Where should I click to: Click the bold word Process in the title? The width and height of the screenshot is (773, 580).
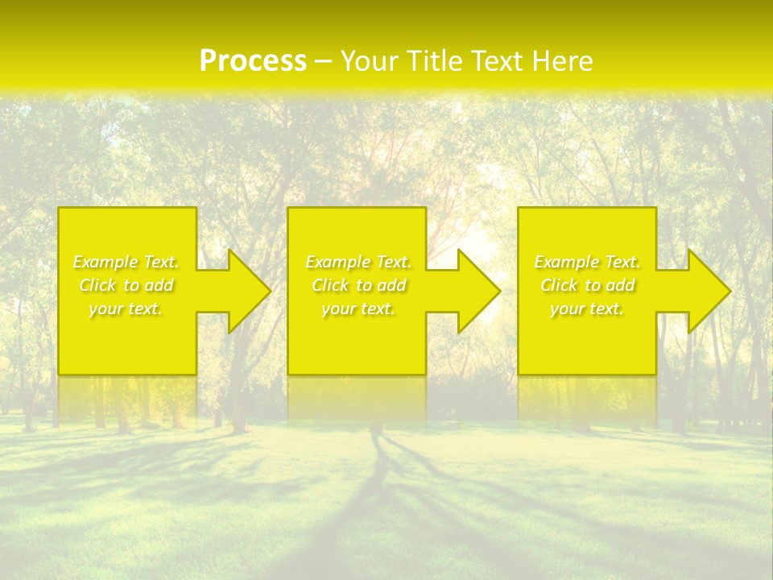(x=253, y=61)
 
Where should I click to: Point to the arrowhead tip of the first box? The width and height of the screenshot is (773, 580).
(x=270, y=291)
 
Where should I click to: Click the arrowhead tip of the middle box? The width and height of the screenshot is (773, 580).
(x=499, y=291)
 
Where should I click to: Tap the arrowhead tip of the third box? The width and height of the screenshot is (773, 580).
(x=730, y=291)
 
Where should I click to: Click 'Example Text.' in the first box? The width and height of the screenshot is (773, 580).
(x=126, y=262)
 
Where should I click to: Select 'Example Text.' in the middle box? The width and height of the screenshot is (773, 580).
(x=358, y=262)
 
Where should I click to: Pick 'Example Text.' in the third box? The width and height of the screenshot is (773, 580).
(x=587, y=262)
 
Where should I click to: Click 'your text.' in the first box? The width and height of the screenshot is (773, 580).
(x=126, y=309)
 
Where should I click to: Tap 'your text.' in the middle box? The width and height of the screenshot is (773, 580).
(x=358, y=309)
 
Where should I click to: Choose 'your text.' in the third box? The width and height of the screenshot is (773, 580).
(x=587, y=309)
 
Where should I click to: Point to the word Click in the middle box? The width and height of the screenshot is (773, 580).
(x=330, y=285)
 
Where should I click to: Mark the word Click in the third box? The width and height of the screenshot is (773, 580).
(x=559, y=285)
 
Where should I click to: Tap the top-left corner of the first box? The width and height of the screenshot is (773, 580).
(x=60, y=209)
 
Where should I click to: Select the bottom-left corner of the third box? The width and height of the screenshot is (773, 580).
(x=519, y=373)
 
